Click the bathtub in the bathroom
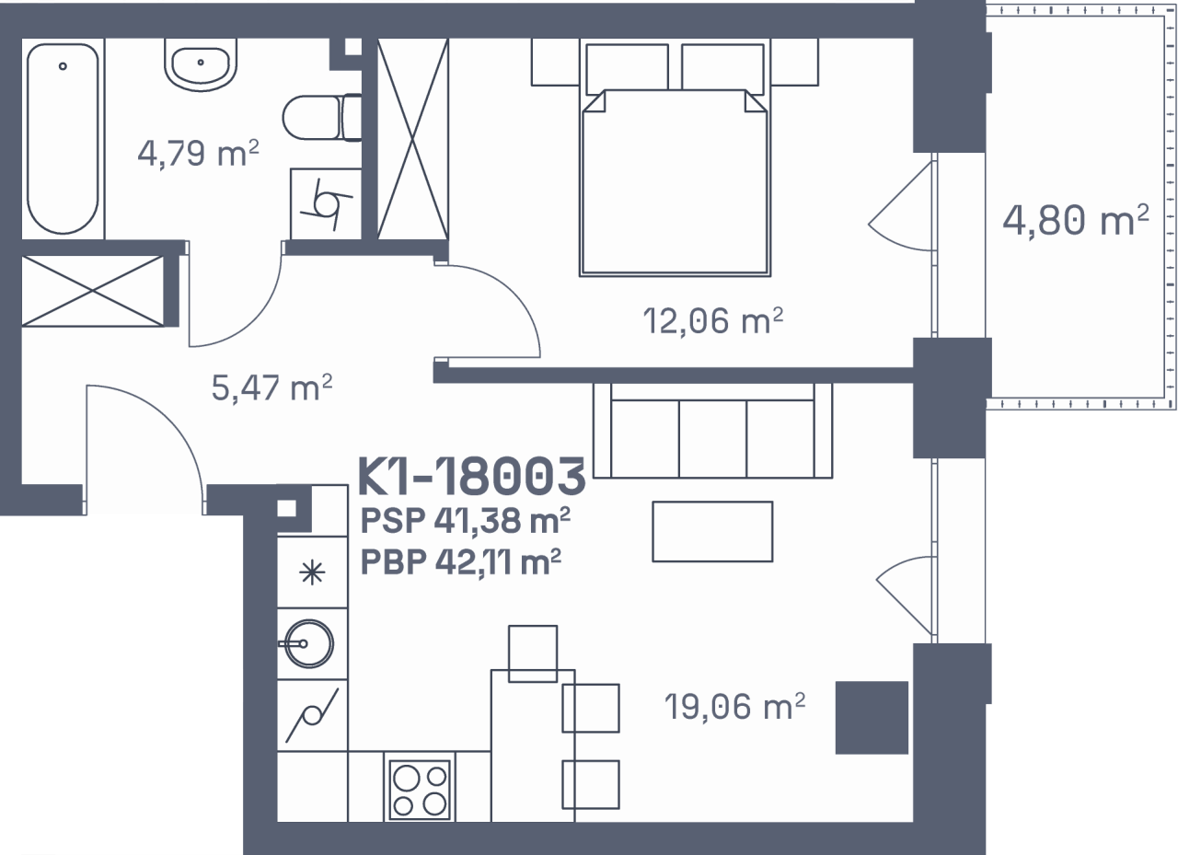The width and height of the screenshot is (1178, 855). (63, 138)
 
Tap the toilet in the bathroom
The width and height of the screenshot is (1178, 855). (322, 118)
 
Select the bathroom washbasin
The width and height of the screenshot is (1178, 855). (201, 65)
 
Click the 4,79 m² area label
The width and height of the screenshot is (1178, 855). (198, 154)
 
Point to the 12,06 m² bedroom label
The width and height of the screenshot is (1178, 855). (713, 321)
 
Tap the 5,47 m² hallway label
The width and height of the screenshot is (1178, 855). (271, 387)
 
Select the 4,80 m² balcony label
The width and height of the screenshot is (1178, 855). (1076, 220)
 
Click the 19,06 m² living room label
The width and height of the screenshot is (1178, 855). (734, 706)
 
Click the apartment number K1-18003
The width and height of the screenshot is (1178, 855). (471, 477)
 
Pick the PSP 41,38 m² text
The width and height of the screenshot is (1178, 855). (465, 520)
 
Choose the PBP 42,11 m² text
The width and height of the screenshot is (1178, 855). (461, 561)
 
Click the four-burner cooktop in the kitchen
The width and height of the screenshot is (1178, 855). (419, 790)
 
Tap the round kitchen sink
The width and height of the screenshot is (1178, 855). (308, 643)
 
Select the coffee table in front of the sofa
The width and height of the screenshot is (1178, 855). (712, 532)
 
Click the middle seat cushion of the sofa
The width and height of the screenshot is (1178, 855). (712, 438)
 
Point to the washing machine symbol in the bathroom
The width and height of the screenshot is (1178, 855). (326, 204)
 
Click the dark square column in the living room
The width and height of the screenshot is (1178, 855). (872, 718)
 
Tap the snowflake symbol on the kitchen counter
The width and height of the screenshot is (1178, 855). (312, 572)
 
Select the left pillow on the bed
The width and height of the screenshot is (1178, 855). (627, 68)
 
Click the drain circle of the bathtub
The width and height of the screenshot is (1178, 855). (63, 66)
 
